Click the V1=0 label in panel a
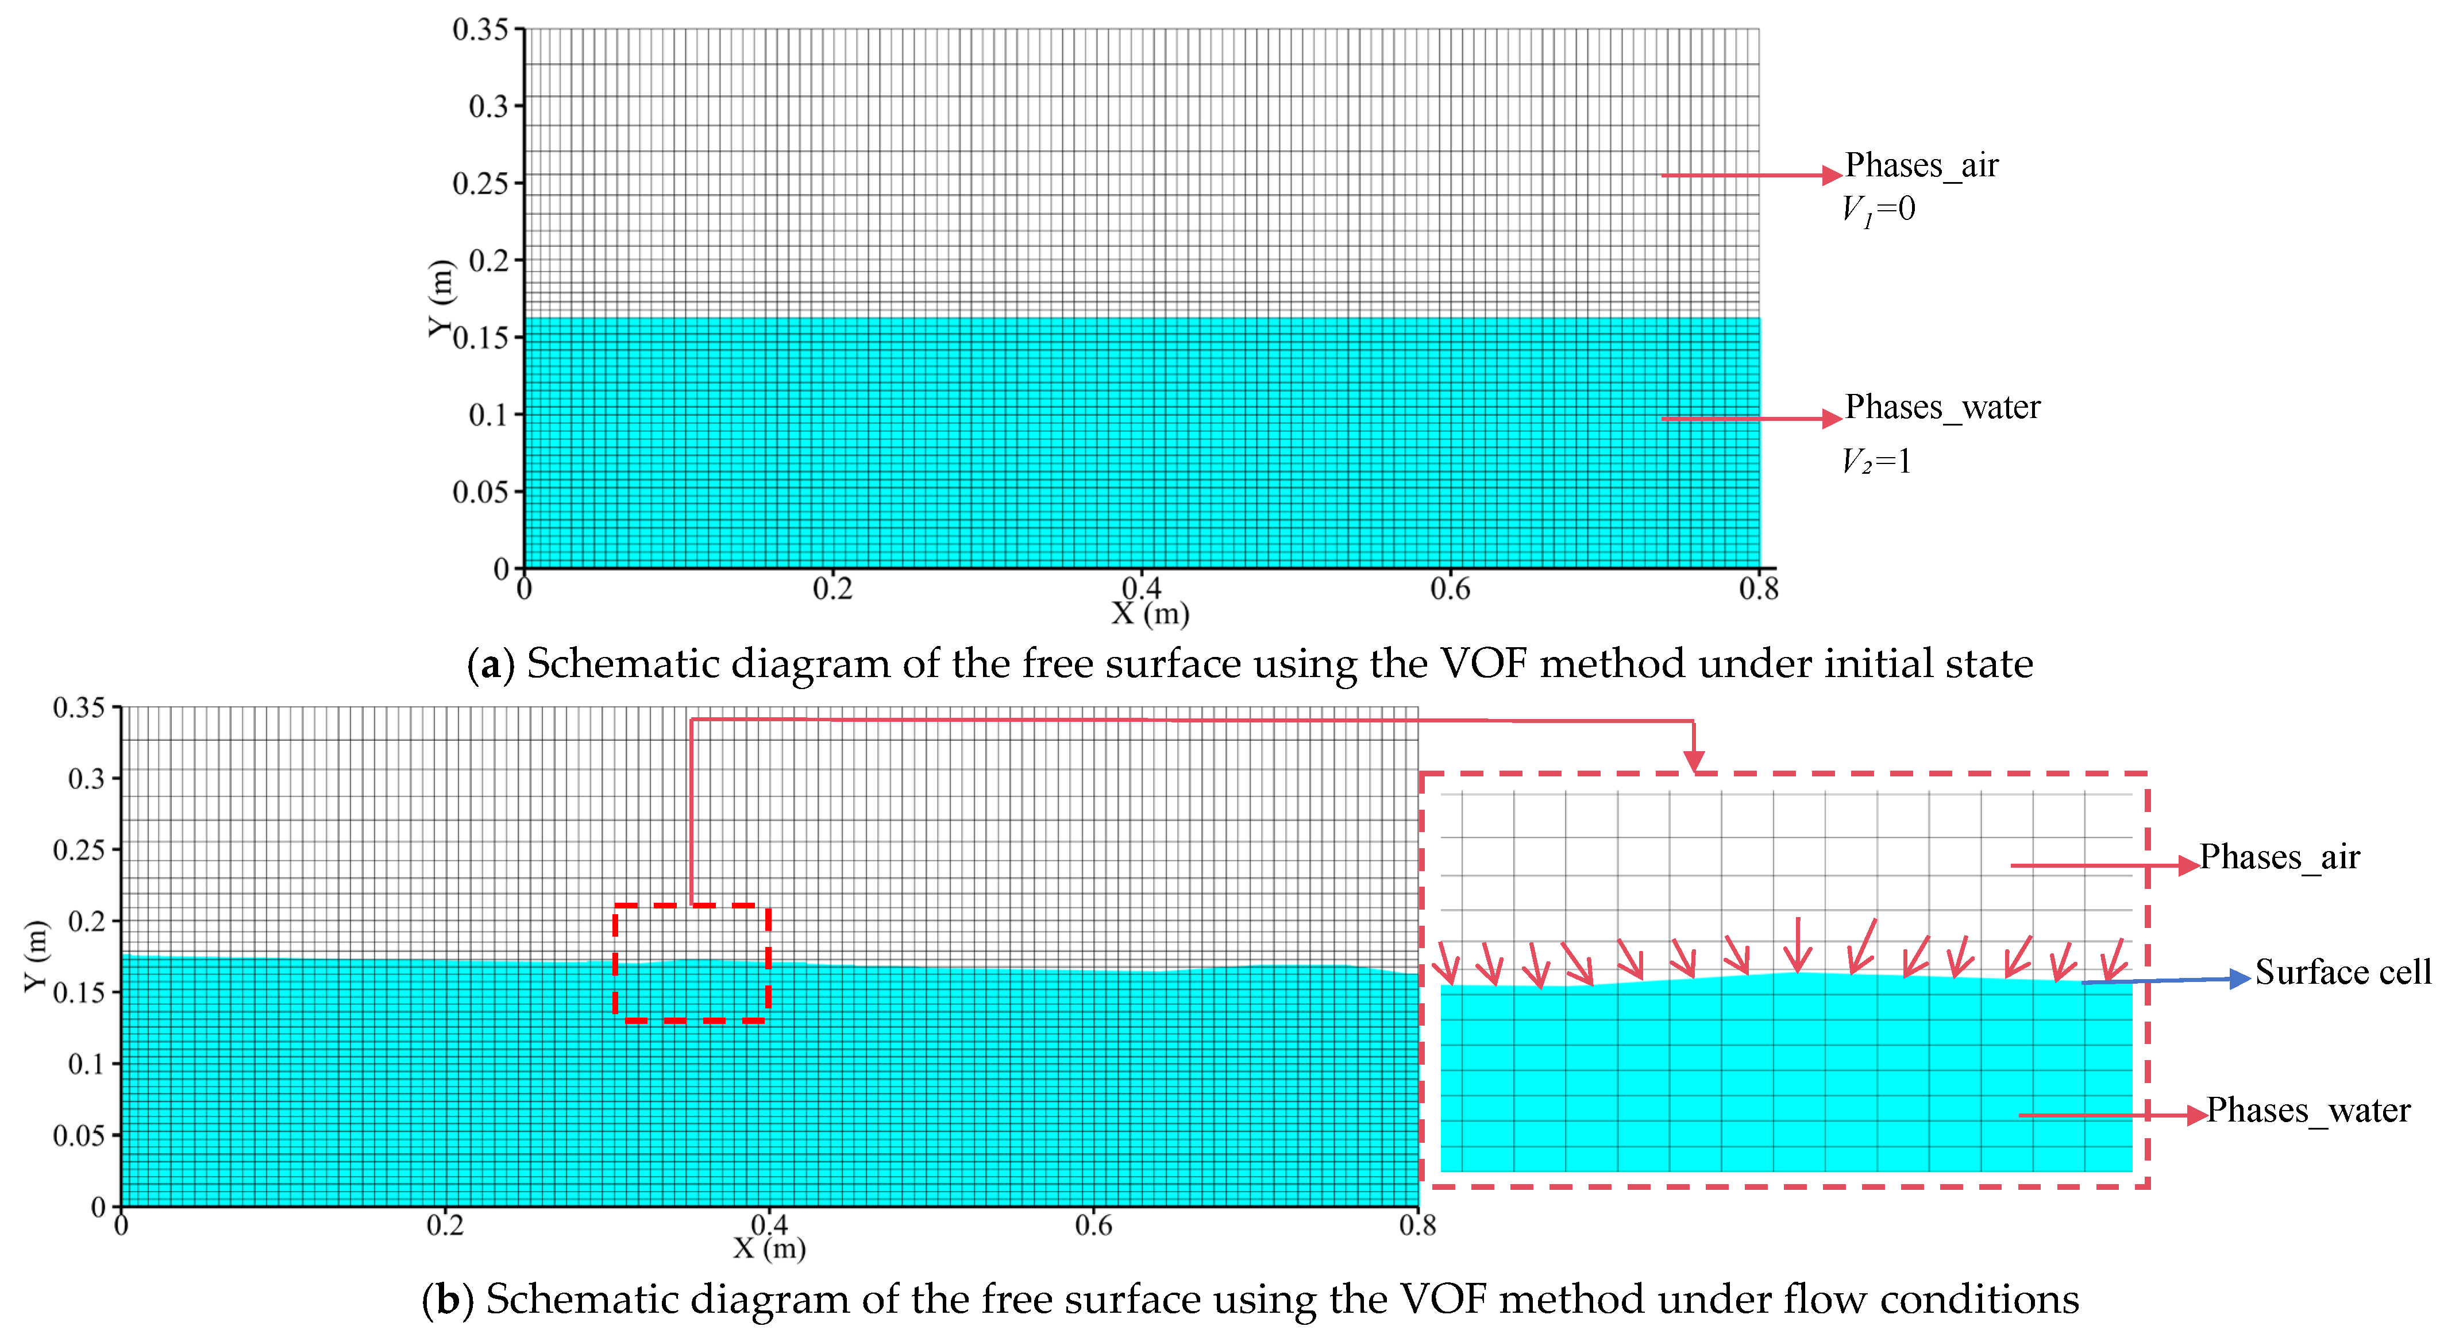[x=1878, y=209]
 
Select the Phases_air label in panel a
[x=1921, y=166]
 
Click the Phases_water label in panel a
[x=1942, y=407]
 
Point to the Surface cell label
[x=2342, y=972]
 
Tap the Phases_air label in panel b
[x=2279, y=857]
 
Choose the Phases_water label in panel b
[x=2307, y=1109]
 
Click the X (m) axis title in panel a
[x=1150, y=613]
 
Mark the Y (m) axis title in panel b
[x=35, y=956]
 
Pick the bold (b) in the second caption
[x=447, y=1299]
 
